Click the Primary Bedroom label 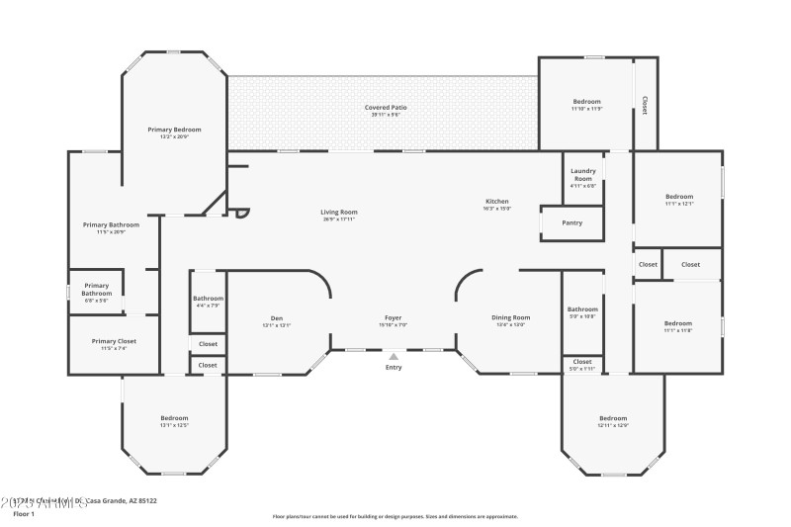(x=174, y=130)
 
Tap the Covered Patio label (x=386, y=107)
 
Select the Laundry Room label (x=583, y=174)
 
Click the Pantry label (x=571, y=222)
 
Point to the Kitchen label (x=495, y=202)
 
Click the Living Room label (x=338, y=212)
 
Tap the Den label (x=276, y=318)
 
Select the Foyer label (x=393, y=318)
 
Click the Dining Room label (x=511, y=317)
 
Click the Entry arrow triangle (x=394, y=356)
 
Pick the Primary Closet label (x=111, y=341)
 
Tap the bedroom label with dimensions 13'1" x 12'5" (x=174, y=418)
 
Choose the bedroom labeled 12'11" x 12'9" (x=613, y=418)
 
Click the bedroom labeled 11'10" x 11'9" (x=586, y=102)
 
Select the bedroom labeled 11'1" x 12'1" (x=678, y=196)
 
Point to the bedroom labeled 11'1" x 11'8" (x=678, y=323)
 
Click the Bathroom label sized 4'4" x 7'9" (x=208, y=299)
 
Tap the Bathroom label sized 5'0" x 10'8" (x=582, y=309)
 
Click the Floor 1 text (x=23, y=514)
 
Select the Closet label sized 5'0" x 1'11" (x=582, y=362)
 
